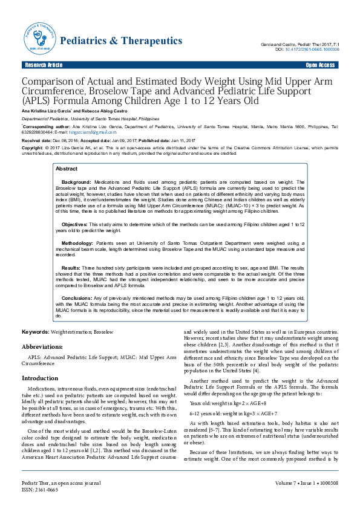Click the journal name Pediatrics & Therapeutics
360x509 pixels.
[122, 41]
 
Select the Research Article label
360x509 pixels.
[43, 65]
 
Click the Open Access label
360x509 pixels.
[321, 65]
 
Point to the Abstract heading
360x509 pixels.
[67, 169]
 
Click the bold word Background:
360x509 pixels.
[76, 181]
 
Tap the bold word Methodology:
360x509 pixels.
[77, 242]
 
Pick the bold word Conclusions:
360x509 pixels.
[77, 297]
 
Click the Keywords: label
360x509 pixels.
[36, 332]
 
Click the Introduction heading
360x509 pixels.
[40, 378]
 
